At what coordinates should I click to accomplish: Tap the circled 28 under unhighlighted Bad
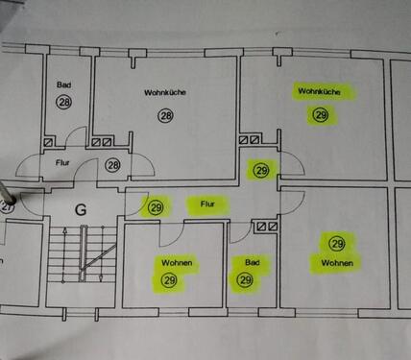[64, 102]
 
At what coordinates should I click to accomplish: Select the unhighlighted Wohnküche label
[164, 92]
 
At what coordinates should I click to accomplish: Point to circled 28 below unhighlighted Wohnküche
[166, 115]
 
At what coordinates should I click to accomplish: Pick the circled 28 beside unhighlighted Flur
[112, 165]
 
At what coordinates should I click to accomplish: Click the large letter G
[81, 208]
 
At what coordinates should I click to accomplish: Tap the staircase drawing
[81, 258]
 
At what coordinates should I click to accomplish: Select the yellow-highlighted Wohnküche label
[320, 92]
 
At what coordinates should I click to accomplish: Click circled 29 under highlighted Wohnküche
[321, 115]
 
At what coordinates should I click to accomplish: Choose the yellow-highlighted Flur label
[205, 204]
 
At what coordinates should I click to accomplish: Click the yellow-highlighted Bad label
[252, 261]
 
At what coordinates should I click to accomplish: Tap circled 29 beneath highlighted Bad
[245, 280]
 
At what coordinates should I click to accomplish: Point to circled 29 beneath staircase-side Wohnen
[170, 280]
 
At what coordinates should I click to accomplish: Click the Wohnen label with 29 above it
[336, 262]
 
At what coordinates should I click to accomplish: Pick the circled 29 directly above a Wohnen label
[336, 244]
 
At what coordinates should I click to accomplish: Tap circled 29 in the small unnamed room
[260, 170]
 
